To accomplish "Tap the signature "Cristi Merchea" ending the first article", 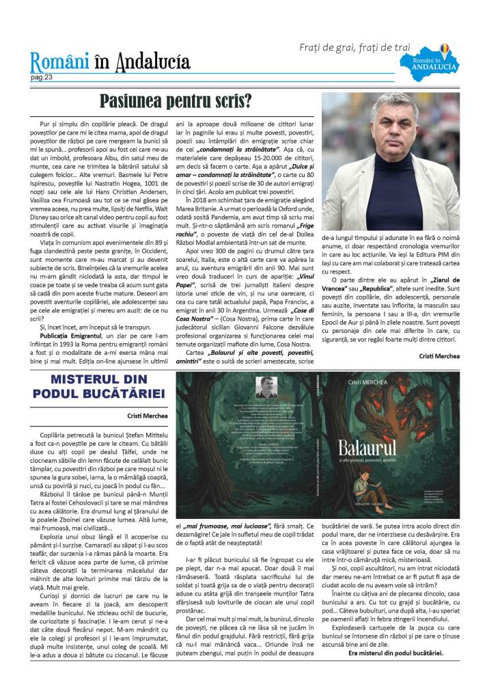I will tap(439, 355).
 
